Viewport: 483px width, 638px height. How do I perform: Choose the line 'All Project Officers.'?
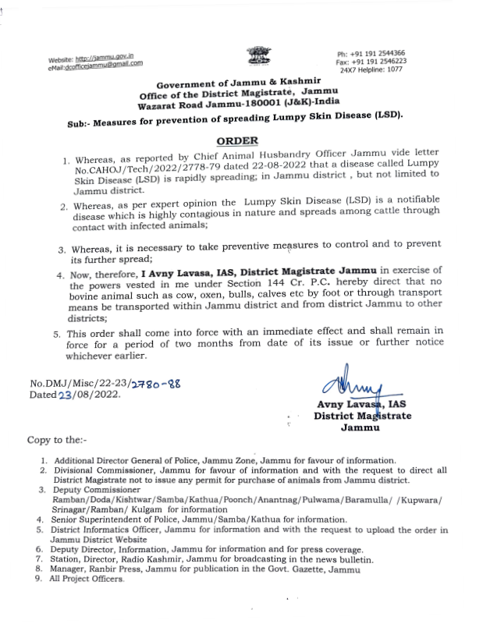[x=87, y=580]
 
